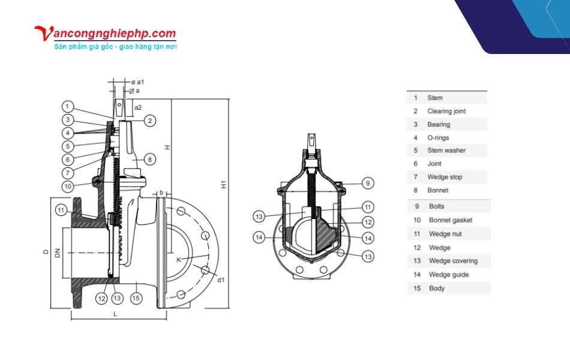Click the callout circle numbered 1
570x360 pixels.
point(67,107)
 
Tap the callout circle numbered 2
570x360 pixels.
point(150,121)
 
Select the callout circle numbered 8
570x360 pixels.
point(150,159)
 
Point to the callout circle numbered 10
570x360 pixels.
point(68,187)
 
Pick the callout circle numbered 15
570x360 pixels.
point(136,298)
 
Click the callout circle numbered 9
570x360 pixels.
point(368,183)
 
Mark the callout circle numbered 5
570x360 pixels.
point(68,146)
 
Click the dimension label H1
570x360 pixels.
point(224,184)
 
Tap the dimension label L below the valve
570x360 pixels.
point(116,314)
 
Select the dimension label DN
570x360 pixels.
point(58,253)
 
